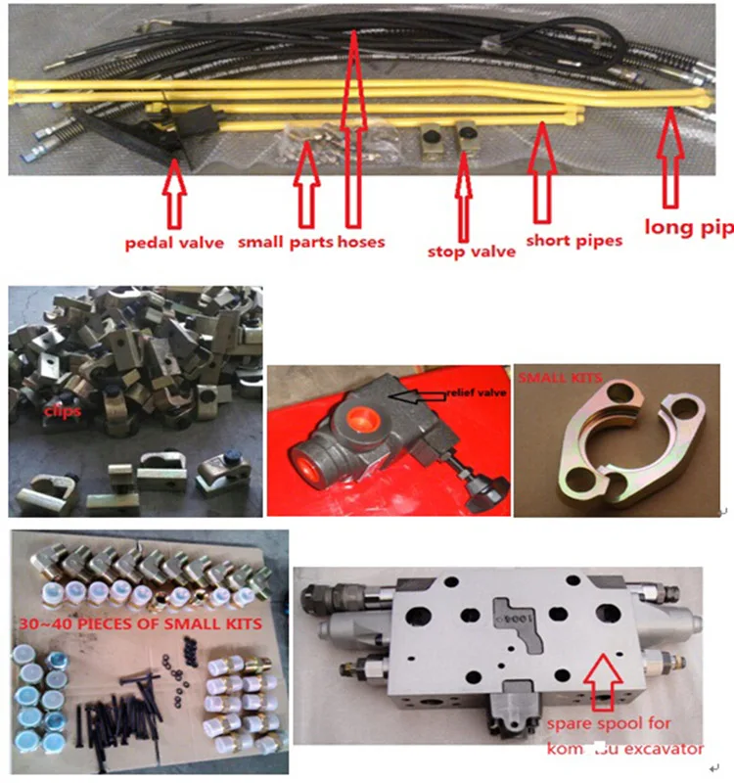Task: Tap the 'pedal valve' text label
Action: (x=174, y=241)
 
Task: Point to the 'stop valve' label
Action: (x=471, y=251)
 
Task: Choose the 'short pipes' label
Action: (x=574, y=240)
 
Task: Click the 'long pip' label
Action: (x=688, y=229)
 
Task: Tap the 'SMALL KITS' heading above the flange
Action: (x=559, y=377)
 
